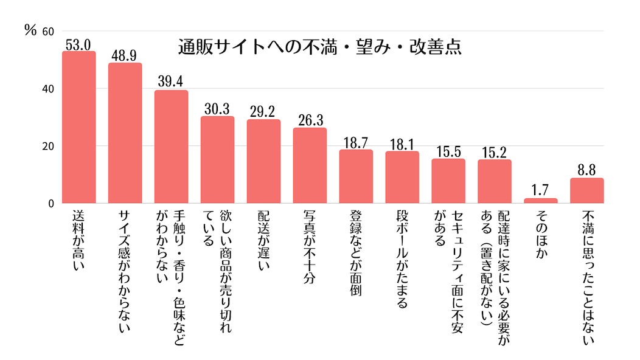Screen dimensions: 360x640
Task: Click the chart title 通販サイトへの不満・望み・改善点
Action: [319, 47]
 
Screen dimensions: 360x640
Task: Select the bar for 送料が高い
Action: [79, 127]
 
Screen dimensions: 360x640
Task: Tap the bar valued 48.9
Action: [125, 133]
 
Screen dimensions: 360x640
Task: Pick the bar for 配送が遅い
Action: [263, 161]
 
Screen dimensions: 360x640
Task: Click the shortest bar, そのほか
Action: [541, 201]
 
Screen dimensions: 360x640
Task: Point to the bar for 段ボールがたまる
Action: [402, 177]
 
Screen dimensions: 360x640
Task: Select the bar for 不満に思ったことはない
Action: [587, 190]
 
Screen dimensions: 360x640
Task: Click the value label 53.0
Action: [79, 44]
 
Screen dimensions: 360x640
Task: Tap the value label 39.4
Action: [171, 83]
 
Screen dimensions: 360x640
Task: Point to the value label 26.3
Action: [310, 120]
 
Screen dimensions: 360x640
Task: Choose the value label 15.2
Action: [495, 152]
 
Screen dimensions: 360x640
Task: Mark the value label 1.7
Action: [541, 191]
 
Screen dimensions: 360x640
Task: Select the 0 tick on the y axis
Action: [52, 204]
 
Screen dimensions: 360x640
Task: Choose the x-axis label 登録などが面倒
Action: [356, 253]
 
